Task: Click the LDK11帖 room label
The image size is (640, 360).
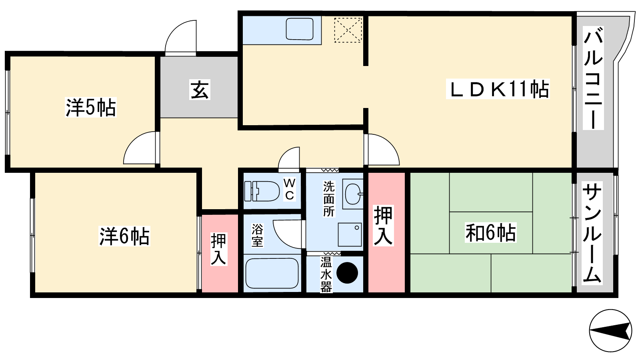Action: pyautogui.click(x=498, y=89)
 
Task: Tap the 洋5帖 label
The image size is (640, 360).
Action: pyautogui.click(x=90, y=108)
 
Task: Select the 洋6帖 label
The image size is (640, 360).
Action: pyautogui.click(x=124, y=236)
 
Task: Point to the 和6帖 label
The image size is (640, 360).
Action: pyautogui.click(x=490, y=233)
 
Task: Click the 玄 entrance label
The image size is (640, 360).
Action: pyautogui.click(x=200, y=90)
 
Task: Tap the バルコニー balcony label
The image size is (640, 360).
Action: pyautogui.click(x=593, y=78)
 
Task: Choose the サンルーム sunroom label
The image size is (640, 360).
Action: pyautogui.click(x=592, y=233)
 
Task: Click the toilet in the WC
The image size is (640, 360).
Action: pyautogui.click(x=262, y=191)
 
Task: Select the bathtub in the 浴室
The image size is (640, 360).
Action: pyautogui.click(x=272, y=274)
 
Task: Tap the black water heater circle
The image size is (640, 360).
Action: pyautogui.click(x=347, y=273)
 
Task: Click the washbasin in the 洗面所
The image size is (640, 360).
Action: pyautogui.click(x=353, y=194)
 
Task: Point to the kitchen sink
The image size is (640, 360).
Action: pyautogui.click(x=300, y=29)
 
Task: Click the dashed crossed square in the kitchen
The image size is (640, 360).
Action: pyautogui.click(x=348, y=30)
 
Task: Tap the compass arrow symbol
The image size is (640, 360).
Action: pyautogui.click(x=610, y=330)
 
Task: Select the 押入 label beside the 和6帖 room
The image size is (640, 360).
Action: pyautogui.click(x=384, y=226)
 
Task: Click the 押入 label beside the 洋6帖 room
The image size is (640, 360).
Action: pyautogui.click(x=218, y=249)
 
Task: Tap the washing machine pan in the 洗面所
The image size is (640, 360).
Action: pyautogui.click(x=350, y=234)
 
